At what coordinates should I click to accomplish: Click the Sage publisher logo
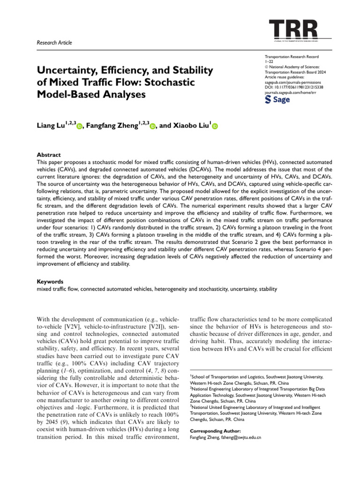277,99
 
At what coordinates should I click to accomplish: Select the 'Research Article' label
54,43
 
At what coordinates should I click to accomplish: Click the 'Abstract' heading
49,154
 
